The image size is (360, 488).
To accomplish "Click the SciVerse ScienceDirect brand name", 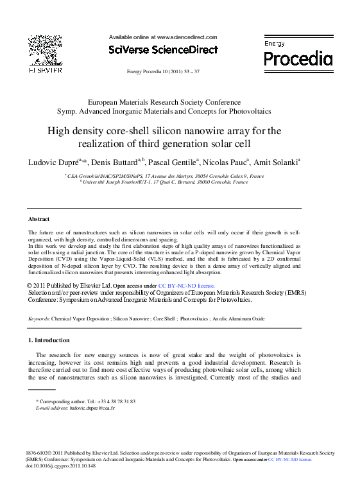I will click(x=163, y=50).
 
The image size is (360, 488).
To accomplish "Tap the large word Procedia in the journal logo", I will click(x=298, y=60).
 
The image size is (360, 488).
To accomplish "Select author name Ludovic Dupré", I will click(x=51, y=162).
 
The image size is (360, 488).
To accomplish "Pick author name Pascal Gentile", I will click(x=172, y=162).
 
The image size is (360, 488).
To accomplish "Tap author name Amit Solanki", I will click(x=276, y=162).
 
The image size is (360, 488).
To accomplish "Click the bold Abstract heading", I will click(x=39, y=219).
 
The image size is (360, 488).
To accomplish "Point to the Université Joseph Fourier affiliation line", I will click(x=163, y=182).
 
